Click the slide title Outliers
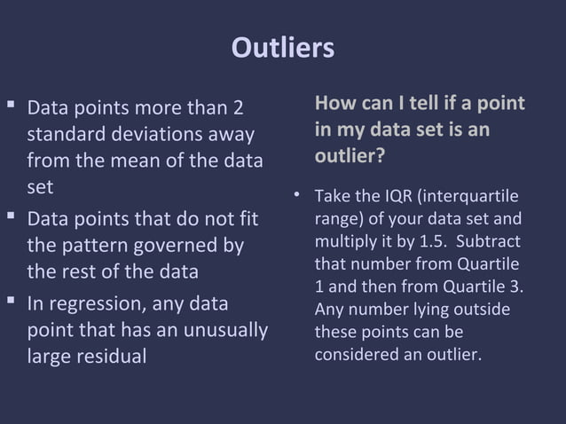[282, 47]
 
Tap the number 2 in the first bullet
[237, 108]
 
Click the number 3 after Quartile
[519, 287]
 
